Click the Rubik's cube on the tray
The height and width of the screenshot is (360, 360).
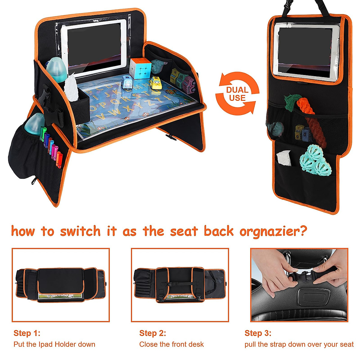click(140, 68)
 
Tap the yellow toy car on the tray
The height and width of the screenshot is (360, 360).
click(155, 83)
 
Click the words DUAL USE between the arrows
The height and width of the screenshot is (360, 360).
click(237, 94)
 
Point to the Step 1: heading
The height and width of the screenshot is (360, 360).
click(27, 333)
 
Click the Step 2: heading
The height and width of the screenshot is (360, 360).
click(152, 333)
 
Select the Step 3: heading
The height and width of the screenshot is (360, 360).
click(258, 333)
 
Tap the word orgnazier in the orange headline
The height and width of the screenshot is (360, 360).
click(273, 232)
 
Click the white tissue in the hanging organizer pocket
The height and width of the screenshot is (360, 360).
click(284, 158)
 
